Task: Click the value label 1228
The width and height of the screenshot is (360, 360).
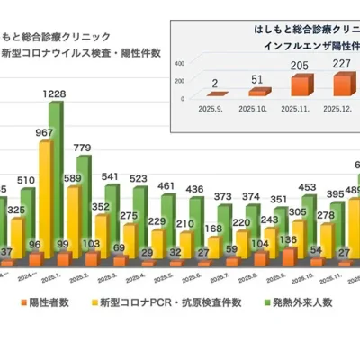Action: click(x=55, y=94)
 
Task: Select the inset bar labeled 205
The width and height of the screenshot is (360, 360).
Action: click(x=301, y=85)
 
